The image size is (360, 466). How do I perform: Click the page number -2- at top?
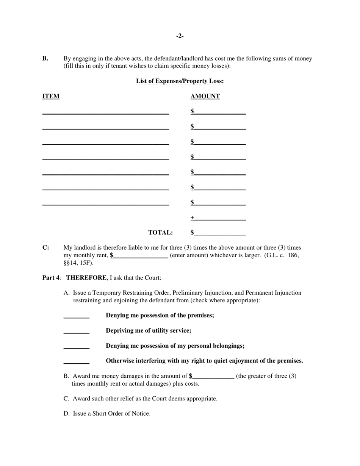click(180, 36)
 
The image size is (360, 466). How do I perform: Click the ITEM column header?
click(50, 96)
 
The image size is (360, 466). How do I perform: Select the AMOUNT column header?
click(205, 96)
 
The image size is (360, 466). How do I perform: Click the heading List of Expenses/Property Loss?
click(180, 81)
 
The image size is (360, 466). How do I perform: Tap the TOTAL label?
click(160, 233)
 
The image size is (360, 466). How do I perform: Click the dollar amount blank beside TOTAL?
click(220, 233)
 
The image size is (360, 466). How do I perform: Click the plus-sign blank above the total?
click(220, 218)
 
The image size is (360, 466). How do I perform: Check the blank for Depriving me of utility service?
click(76, 331)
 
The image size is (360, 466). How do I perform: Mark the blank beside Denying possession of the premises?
click(76, 316)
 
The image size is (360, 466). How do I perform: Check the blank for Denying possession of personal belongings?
click(76, 346)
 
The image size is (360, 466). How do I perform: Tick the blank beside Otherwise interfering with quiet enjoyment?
click(76, 361)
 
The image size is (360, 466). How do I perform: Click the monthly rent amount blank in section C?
click(140, 255)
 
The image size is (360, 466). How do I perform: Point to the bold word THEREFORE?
click(86, 278)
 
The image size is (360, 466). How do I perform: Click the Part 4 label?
click(51, 278)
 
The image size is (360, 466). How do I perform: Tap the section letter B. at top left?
click(45, 58)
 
